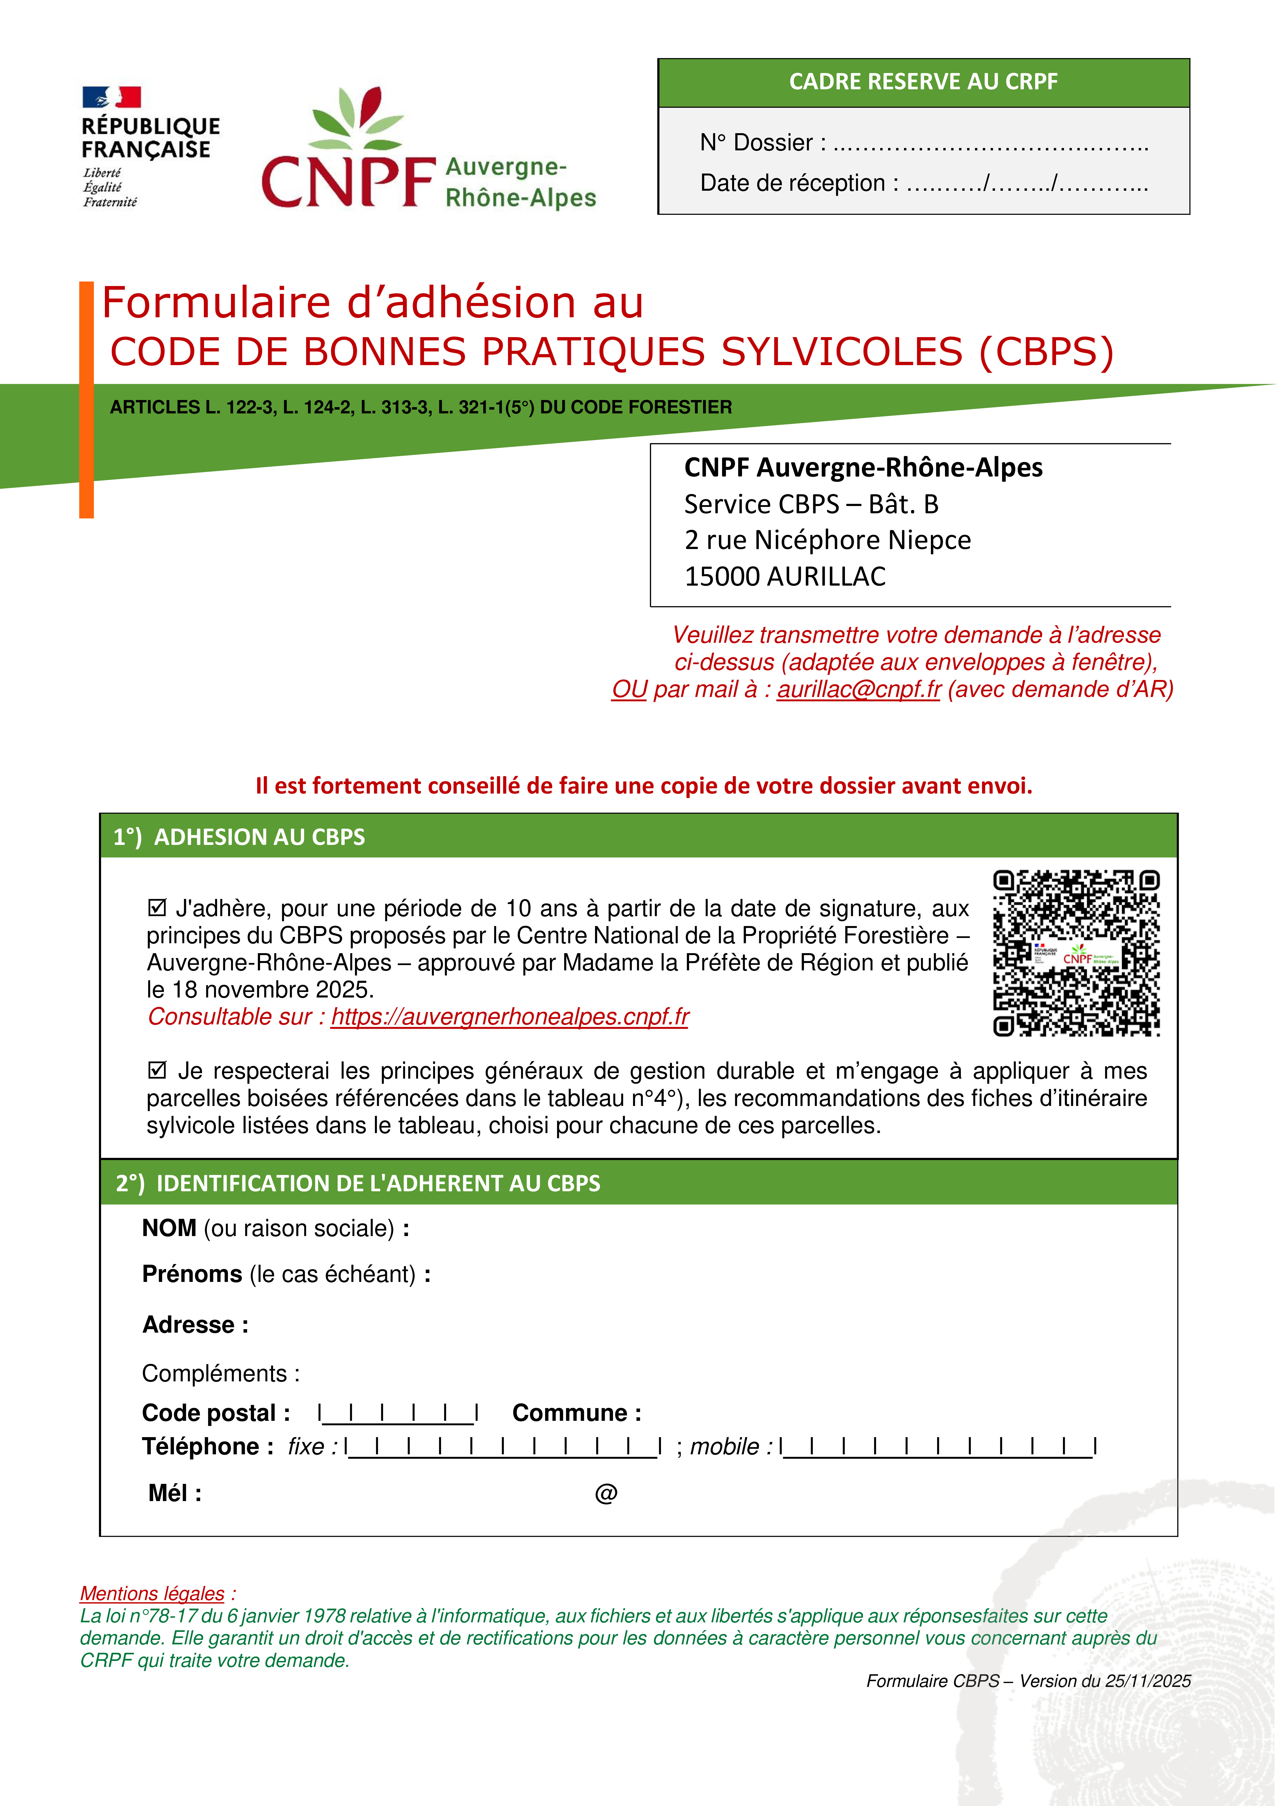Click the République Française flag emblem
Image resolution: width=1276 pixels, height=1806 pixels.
pos(112,97)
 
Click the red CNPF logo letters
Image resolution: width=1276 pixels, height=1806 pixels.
pos(348,182)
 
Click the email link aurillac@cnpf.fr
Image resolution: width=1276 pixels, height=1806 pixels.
pos(859,689)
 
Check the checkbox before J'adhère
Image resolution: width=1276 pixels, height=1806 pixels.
pos(157,908)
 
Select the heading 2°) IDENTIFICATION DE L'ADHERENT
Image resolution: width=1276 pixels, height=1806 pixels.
pos(358,1183)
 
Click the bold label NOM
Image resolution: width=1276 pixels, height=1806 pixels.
pos(169,1228)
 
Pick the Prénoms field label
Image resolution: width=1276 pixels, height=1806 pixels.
pos(192,1274)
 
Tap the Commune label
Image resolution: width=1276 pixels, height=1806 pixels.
pos(576,1414)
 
